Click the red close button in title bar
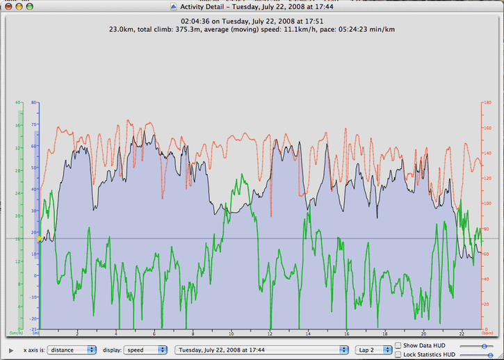10,6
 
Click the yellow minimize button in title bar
22,6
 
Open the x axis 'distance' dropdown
72,350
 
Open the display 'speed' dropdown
143,350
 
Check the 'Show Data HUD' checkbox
398,345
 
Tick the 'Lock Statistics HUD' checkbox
398,354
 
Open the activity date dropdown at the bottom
261,350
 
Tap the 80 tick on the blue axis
33,102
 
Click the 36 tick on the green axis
19,125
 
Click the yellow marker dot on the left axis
40,239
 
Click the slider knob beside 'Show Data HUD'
483,345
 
